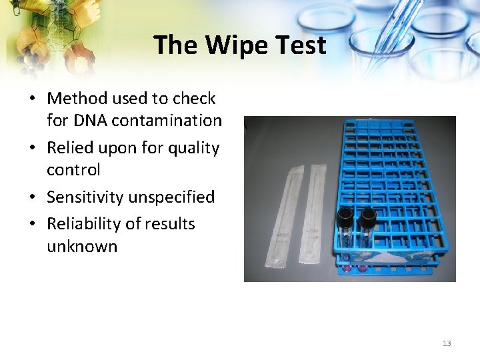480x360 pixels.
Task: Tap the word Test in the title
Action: tap(297, 45)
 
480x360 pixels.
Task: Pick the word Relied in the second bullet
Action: tap(69, 147)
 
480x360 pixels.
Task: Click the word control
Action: tap(73, 169)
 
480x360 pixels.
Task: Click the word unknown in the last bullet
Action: tap(82, 246)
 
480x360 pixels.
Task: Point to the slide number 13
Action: tap(447, 343)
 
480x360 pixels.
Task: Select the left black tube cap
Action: tap(345, 215)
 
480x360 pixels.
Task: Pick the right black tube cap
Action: tap(367, 215)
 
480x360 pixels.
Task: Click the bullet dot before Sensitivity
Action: tap(32, 198)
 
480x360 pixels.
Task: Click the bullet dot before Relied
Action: tap(32, 148)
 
